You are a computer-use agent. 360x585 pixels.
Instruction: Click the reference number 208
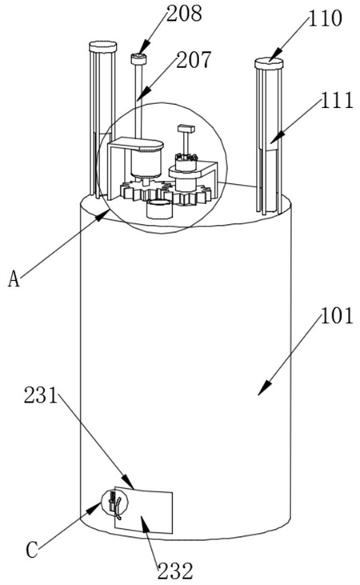(184, 14)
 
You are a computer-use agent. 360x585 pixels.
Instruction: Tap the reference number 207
(194, 60)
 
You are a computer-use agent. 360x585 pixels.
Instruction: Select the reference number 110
(325, 18)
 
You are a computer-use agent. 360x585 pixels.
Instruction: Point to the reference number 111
(337, 100)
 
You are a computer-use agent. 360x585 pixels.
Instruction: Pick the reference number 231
(41, 395)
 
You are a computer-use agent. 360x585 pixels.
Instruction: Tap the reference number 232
(175, 571)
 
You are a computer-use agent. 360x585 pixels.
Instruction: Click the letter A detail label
(14, 278)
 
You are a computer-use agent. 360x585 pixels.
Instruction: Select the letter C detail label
(32, 550)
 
